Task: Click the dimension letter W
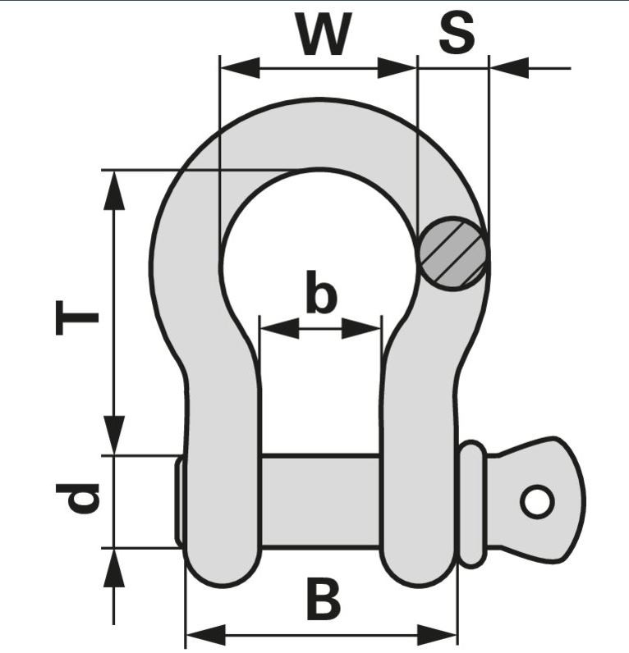pos(324,35)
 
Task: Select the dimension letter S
pos(456,35)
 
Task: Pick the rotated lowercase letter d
pos(80,498)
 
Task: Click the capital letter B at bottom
pos(323,600)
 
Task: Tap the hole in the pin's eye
pos(536,501)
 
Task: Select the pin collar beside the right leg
pos(472,503)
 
